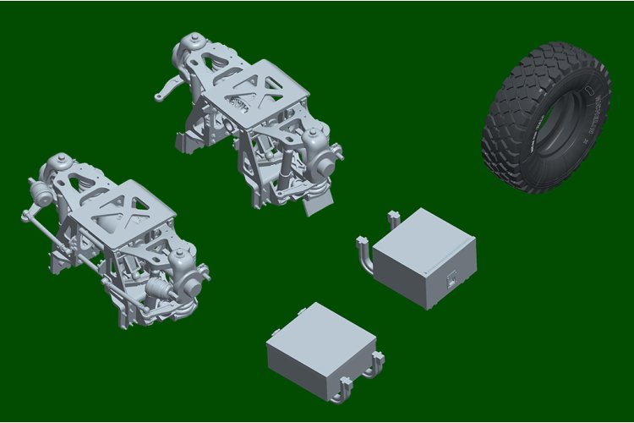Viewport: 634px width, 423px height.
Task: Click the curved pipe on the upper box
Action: point(363,254)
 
